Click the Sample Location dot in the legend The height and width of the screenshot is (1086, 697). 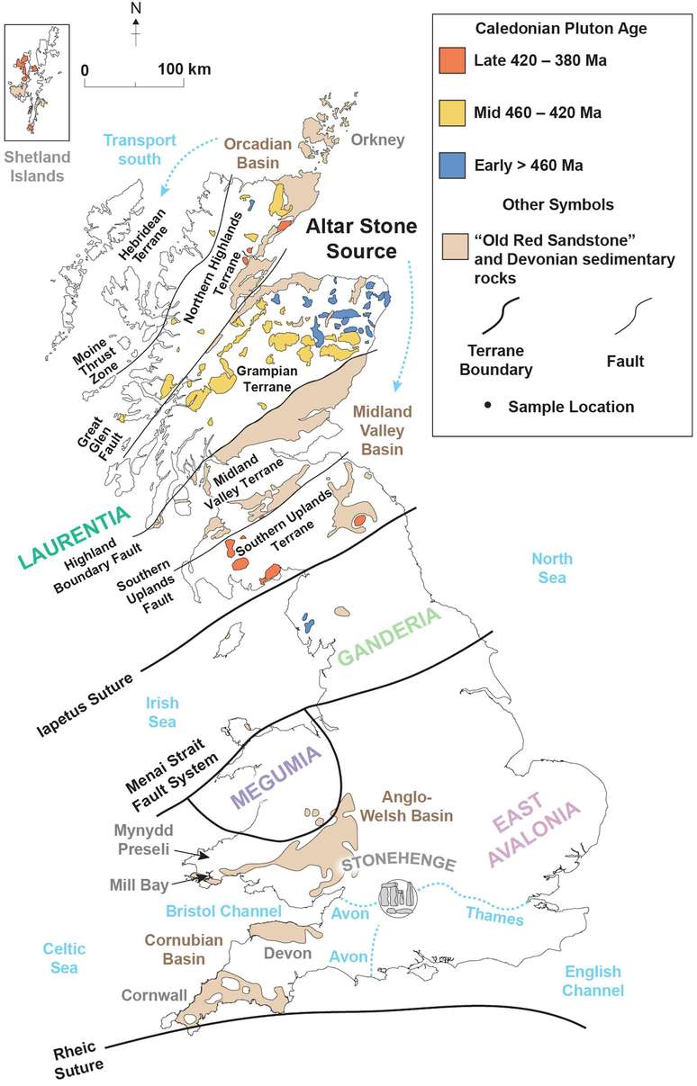pos(487,407)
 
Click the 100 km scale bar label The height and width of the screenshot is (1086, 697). pos(185,68)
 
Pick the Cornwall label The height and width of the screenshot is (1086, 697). pos(149,995)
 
